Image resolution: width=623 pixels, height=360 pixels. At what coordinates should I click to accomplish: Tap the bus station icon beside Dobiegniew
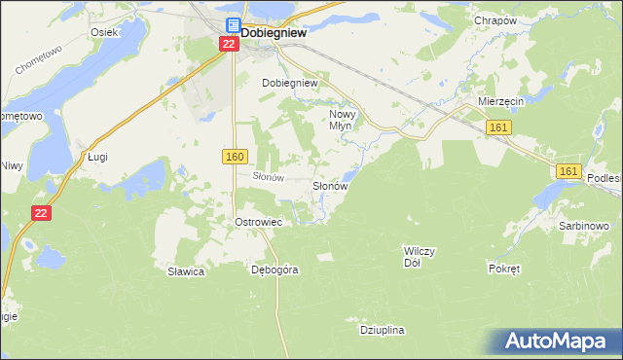(233, 26)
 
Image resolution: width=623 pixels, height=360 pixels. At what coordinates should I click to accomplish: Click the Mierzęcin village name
(502, 100)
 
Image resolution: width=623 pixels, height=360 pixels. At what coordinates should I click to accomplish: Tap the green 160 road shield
(235, 157)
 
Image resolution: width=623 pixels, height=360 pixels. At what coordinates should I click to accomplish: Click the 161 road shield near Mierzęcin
(498, 128)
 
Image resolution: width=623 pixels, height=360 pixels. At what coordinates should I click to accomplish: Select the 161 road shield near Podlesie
(569, 171)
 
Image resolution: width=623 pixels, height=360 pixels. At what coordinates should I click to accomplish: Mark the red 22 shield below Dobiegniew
(228, 45)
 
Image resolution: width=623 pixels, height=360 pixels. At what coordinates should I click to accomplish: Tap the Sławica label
(185, 271)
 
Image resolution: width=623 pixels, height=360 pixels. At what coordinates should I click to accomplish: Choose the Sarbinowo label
(584, 226)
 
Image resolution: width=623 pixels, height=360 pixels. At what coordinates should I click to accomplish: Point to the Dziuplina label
(382, 331)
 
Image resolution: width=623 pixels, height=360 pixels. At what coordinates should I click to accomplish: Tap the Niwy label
(11, 164)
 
